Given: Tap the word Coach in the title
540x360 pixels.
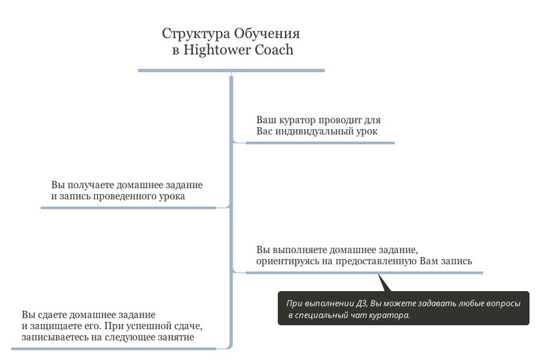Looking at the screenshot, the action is (274, 50).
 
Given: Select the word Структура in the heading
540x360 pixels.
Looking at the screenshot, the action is (196, 34).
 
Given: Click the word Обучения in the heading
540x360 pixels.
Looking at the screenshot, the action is (267, 33).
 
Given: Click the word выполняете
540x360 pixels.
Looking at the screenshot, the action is (297, 250).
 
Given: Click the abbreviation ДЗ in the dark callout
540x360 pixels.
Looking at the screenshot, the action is (362, 304).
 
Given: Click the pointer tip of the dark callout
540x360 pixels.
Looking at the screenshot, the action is (379, 274).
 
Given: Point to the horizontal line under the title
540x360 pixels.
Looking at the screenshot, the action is (231, 71).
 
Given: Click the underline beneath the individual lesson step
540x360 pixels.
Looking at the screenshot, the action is (320, 143).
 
